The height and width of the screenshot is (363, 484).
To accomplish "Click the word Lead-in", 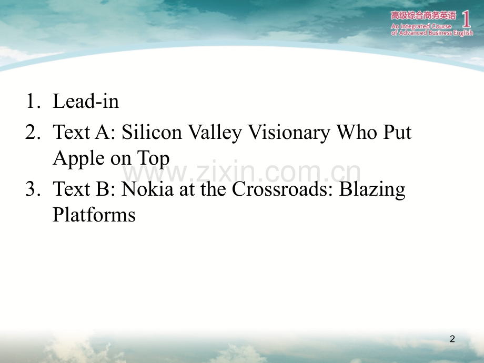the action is [x=86, y=101].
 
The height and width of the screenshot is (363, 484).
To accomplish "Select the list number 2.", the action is [x=33, y=132].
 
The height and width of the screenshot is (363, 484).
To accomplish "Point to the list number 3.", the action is [x=33, y=188].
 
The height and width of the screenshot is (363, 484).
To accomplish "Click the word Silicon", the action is [x=152, y=132].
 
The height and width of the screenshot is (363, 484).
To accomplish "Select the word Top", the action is [x=153, y=159].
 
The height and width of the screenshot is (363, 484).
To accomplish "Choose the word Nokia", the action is [x=147, y=188].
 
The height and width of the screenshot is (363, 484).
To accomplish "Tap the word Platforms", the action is [x=94, y=215].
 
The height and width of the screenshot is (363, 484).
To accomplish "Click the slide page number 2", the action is [x=452, y=339].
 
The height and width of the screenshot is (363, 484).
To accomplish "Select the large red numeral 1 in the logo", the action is [x=467, y=18].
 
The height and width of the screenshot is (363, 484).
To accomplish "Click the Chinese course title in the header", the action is [x=423, y=15].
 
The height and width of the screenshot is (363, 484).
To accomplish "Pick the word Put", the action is [x=397, y=132].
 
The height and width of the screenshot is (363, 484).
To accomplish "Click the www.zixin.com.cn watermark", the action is [x=241, y=172].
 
